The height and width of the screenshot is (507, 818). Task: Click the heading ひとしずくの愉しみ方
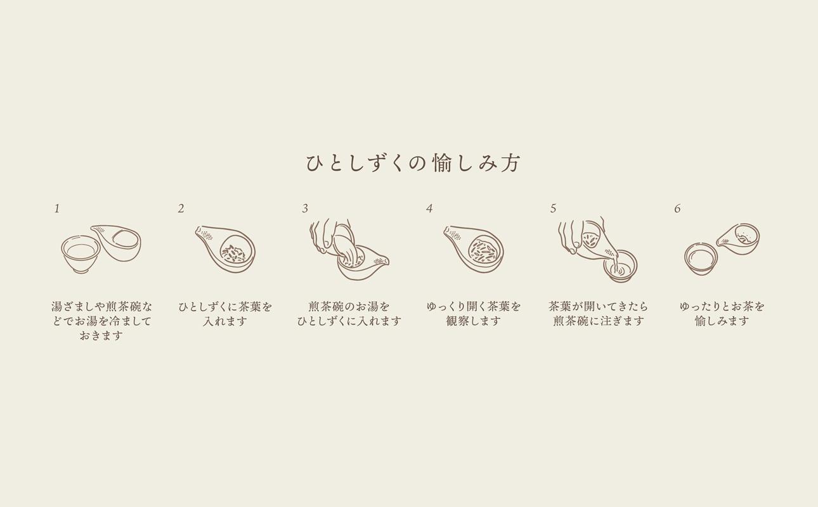pyautogui.click(x=413, y=163)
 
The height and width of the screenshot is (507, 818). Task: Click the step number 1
pyautogui.click(x=57, y=209)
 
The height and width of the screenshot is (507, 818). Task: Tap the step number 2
pyautogui.click(x=181, y=209)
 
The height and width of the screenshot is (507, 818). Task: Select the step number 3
pyautogui.click(x=305, y=209)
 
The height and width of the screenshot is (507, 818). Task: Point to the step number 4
pyautogui.click(x=429, y=209)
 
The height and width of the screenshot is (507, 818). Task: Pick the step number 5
pyautogui.click(x=553, y=209)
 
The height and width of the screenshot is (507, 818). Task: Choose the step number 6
pyautogui.click(x=677, y=209)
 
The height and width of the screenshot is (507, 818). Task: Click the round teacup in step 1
pyautogui.click(x=81, y=253)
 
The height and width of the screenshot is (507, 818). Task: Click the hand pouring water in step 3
pyautogui.click(x=330, y=236)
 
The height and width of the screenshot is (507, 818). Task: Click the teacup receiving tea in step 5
pyautogui.click(x=620, y=266)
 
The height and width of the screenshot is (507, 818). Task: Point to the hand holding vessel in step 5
pyautogui.click(x=574, y=234)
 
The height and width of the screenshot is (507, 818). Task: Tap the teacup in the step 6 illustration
pyautogui.click(x=701, y=259)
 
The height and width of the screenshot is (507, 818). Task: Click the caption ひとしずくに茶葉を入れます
pyautogui.click(x=225, y=314)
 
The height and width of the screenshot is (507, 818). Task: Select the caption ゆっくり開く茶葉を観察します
pyautogui.click(x=474, y=314)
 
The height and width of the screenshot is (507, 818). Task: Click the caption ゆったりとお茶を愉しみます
pyautogui.click(x=722, y=314)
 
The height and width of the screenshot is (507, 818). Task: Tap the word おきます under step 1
pyautogui.click(x=101, y=336)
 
